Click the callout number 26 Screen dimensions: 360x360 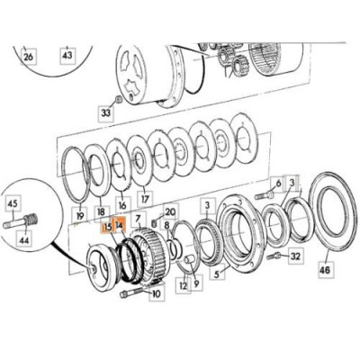28,57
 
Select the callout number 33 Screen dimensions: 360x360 105,113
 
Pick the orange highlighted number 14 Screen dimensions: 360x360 121,227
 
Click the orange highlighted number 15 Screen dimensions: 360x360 107,227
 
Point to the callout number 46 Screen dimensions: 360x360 323,268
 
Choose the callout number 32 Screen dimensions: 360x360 294,256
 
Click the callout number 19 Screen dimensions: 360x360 79,216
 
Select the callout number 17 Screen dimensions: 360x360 145,196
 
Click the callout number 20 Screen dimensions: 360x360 170,211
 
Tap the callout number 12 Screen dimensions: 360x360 182,285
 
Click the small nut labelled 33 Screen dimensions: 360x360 118,97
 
